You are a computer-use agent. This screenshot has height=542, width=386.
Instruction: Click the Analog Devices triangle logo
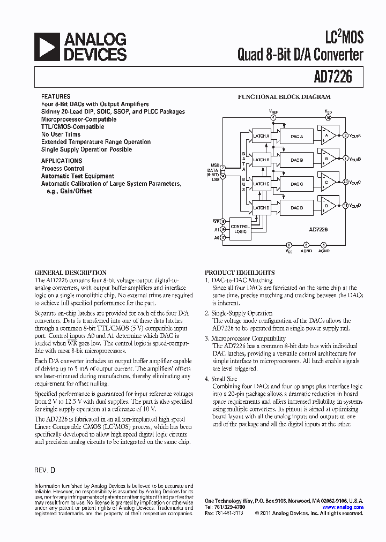[47, 47]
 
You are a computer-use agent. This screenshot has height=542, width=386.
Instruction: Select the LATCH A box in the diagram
[261, 136]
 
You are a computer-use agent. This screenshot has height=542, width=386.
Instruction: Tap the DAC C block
[296, 184]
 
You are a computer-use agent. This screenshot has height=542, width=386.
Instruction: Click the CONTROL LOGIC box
[240, 229]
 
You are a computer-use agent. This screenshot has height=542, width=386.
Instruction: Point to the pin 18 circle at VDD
[328, 117]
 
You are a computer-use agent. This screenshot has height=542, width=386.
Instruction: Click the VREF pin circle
[273, 117]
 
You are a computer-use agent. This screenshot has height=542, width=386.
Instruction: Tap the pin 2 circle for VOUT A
[345, 135]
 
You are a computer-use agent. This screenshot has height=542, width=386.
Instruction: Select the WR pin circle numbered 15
[223, 221]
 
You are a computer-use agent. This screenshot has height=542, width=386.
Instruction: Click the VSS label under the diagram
[289, 251]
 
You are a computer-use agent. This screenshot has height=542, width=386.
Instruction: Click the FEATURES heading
[56, 97]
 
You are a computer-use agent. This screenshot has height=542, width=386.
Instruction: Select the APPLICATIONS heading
[62, 161]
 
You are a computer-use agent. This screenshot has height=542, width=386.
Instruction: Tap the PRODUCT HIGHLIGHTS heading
[240, 273]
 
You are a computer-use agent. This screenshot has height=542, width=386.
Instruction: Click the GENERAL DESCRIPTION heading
[70, 273]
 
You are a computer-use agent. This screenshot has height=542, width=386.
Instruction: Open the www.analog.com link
[343, 507]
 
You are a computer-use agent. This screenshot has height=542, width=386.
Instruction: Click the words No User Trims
[61, 134]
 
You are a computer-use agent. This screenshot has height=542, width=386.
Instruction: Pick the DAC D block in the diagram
[296, 208]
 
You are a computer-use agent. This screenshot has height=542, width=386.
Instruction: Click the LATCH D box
[261, 208]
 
